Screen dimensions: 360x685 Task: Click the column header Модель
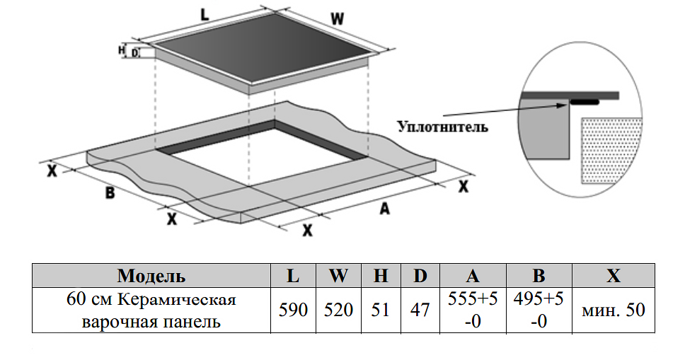coord(151,275)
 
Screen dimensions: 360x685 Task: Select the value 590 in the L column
coord(293,310)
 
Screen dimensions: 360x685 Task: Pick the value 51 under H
coord(381,310)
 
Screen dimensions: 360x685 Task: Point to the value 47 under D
coord(420,310)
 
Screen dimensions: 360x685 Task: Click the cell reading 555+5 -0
coord(473,310)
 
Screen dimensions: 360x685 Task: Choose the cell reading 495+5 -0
coord(539,310)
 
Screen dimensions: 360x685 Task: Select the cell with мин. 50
coord(613,310)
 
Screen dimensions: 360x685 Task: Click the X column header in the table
coord(613,275)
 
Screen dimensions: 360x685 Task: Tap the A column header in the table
coord(473,275)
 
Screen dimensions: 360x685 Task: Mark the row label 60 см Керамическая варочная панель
coord(151,310)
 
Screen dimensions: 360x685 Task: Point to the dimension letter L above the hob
coord(205,13)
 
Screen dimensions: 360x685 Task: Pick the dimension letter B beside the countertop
coord(110,192)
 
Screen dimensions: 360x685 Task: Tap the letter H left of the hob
coord(121,50)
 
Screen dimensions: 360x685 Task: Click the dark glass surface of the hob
coord(262,53)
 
